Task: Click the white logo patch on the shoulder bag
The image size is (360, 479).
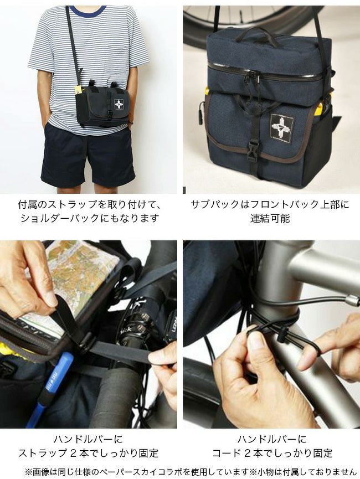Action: tap(119, 105)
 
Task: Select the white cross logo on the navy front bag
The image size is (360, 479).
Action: tap(282, 125)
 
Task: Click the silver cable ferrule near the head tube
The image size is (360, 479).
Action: tap(352, 301)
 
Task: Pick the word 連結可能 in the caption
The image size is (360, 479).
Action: tap(270, 218)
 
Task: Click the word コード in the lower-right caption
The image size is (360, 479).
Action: tap(227, 453)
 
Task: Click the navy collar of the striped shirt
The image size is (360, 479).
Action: tap(88, 10)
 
